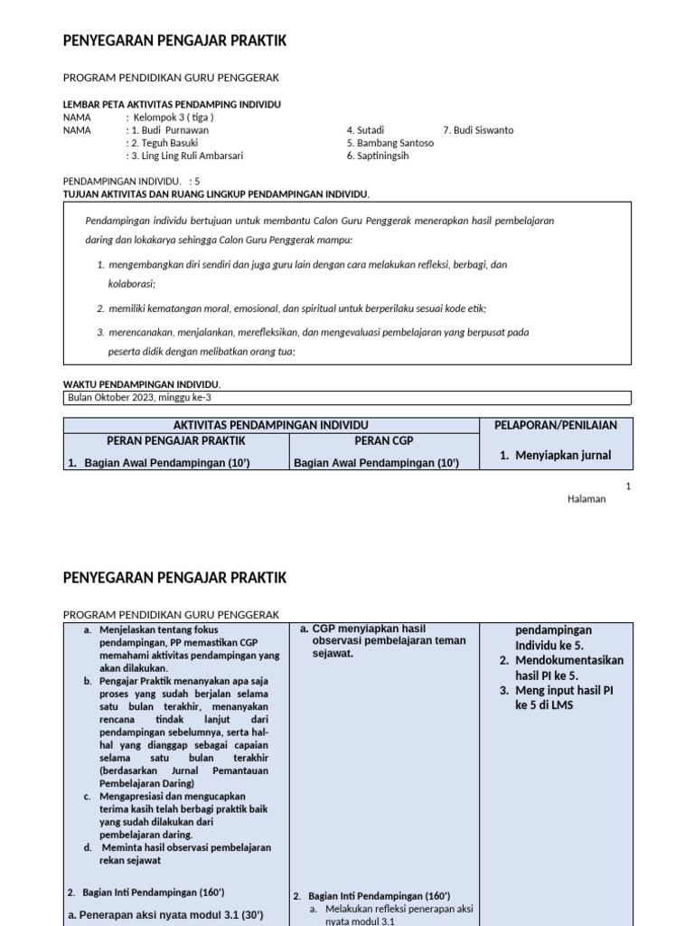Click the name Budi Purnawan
[175, 130]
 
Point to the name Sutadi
[365, 130]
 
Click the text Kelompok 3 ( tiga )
[173, 118]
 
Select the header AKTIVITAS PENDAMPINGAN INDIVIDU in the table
[270, 425]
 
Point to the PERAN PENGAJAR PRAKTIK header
[176, 441]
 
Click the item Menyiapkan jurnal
[562, 456]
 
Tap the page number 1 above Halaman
[628, 487]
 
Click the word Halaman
[586, 499]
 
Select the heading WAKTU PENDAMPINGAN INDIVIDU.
[142, 384]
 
